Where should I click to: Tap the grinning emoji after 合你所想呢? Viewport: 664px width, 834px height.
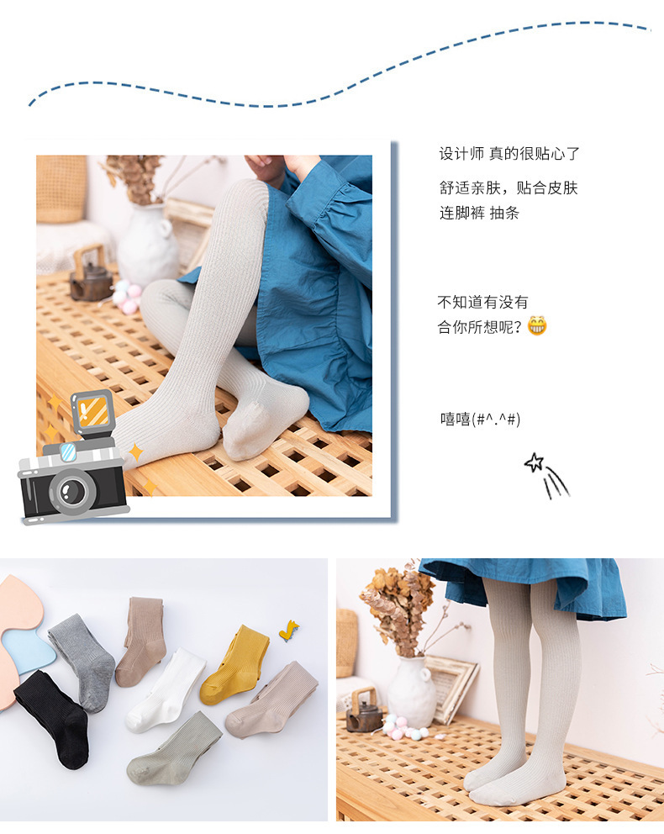[x=537, y=326]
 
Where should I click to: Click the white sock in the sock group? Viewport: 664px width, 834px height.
[x=166, y=689]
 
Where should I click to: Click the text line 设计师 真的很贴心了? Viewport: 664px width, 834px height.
[x=509, y=154]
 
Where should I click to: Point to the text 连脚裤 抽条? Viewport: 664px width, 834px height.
[x=479, y=213]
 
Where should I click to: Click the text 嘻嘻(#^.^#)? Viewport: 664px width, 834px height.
[x=480, y=419]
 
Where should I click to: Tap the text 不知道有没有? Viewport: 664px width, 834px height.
[x=482, y=302]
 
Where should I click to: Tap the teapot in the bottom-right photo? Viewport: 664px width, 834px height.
[x=364, y=714]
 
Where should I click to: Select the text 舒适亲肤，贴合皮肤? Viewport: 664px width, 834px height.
[x=509, y=187]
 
